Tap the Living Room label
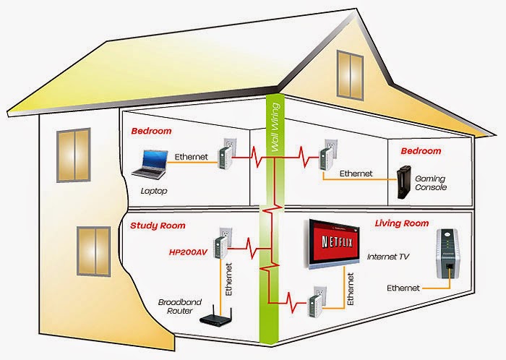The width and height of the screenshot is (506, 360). [401, 223]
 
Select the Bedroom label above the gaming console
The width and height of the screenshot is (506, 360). [421, 151]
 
